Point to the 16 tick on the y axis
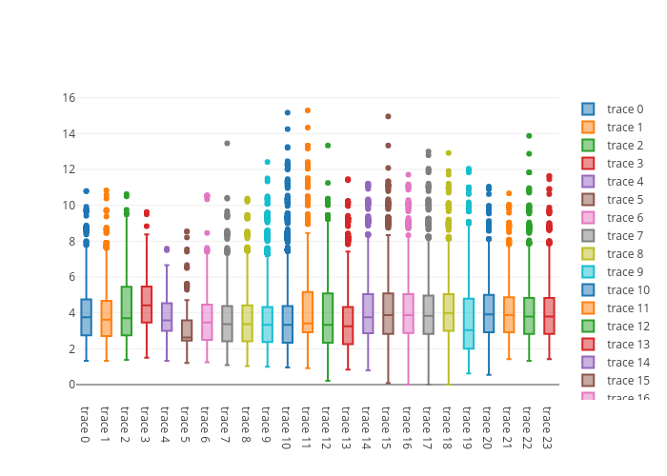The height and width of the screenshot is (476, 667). point(69,97)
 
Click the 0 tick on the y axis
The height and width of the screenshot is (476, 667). point(71,385)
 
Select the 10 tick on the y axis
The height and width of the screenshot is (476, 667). point(69,205)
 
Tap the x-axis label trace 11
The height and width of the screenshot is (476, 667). point(307,424)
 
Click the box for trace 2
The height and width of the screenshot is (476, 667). point(127,310)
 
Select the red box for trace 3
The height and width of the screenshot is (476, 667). point(147,305)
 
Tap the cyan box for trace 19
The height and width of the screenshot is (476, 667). point(469,324)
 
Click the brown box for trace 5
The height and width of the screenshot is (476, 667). point(187,330)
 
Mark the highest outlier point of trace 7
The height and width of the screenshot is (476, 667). point(227,144)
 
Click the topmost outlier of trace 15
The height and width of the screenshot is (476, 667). point(388,116)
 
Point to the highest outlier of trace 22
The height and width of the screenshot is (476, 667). point(529,136)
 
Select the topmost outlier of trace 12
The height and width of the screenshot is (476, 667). point(328,146)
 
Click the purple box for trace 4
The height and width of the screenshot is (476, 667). point(167,317)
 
